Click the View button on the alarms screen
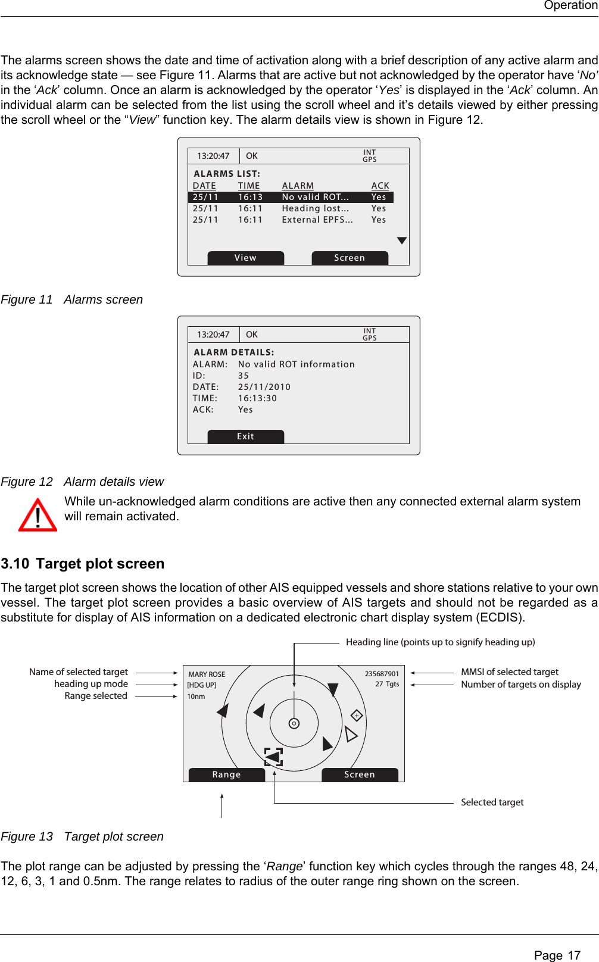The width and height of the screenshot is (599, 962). point(245,258)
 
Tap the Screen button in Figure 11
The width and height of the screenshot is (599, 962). point(350,258)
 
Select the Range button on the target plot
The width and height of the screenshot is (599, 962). point(226,774)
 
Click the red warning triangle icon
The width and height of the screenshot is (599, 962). point(38,516)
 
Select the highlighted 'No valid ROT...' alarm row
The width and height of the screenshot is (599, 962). point(291,197)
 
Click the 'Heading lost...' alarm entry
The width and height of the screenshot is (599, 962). point(315,208)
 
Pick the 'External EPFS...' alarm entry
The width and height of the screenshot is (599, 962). point(317,220)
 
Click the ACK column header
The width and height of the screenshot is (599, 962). point(380,186)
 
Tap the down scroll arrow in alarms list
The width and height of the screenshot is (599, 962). point(402,240)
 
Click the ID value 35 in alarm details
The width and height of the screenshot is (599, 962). point(244,376)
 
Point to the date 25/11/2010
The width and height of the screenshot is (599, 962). point(264,387)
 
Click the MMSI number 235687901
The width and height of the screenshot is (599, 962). point(382,674)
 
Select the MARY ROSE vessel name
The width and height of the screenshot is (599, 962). point(207,674)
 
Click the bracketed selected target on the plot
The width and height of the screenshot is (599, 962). point(273,757)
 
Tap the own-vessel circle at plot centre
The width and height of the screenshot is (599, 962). point(294,723)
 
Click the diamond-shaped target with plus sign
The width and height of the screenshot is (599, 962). point(357,715)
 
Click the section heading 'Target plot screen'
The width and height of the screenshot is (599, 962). point(100,564)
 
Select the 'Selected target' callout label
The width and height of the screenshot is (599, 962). point(492,802)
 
